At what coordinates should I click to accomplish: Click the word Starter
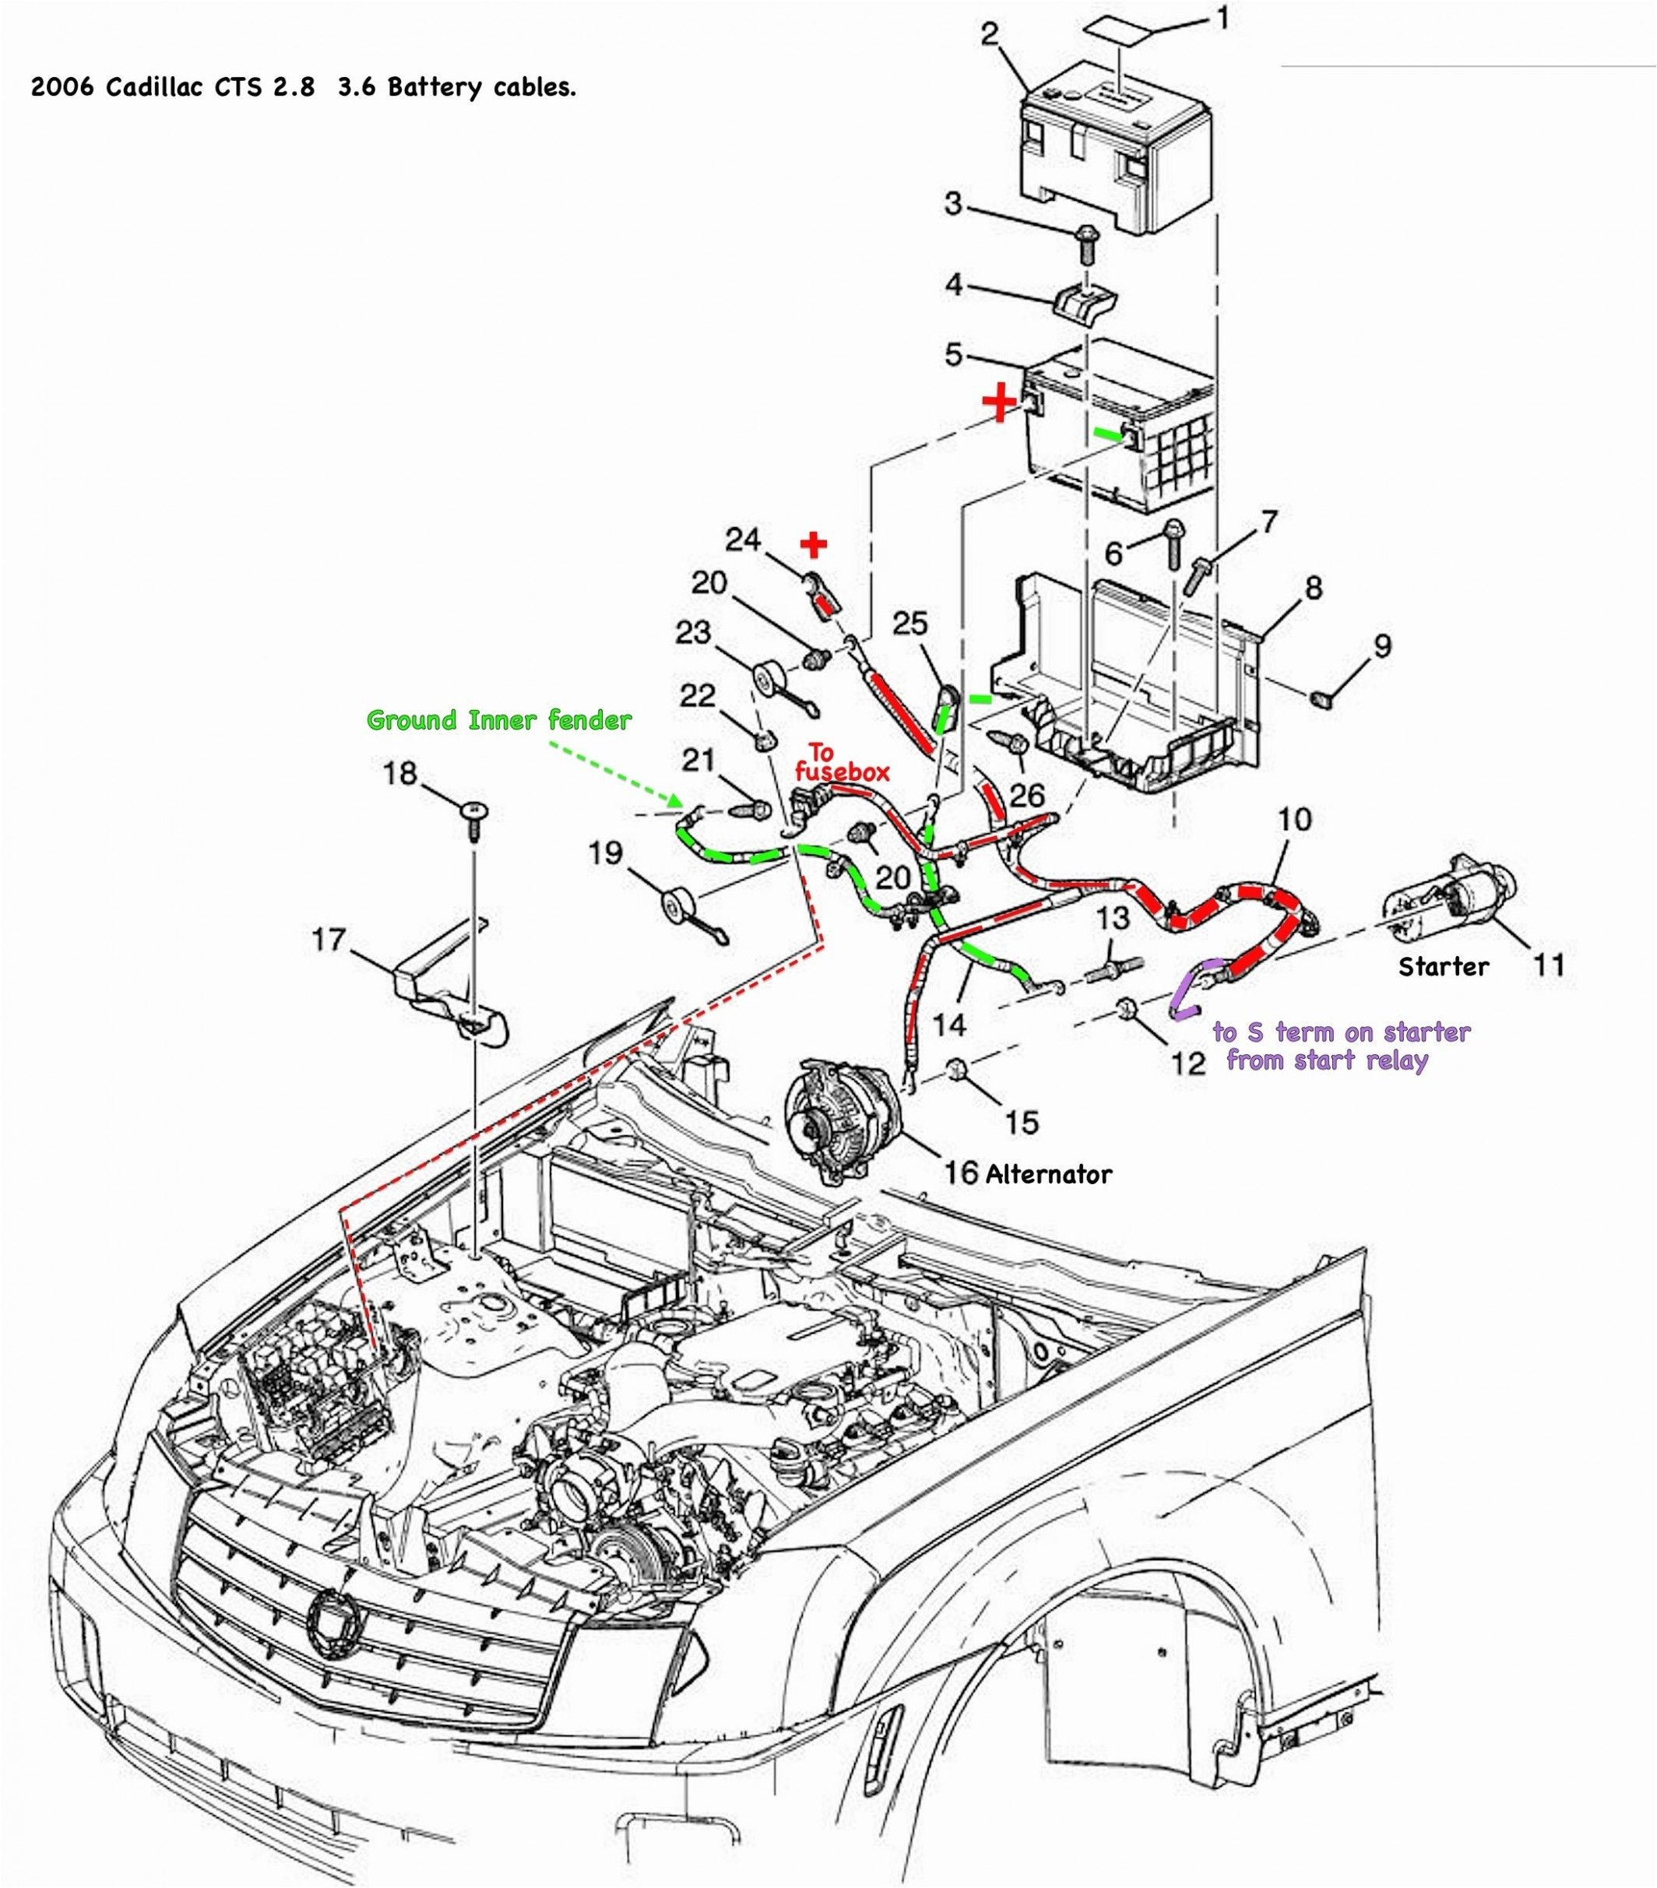tap(1444, 966)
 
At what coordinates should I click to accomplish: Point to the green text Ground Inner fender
tap(499, 719)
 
